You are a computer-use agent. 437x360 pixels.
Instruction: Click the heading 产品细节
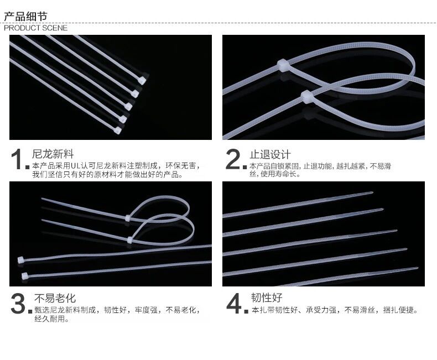pyautogui.click(x=25, y=17)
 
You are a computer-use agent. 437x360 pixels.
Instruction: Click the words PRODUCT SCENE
pyautogui.click(x=35, y=28)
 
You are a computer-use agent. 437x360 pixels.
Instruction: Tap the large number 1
pyautogui.click(x=17, y=159)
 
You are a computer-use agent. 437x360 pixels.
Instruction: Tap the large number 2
pyautogui.click(x=232, y=159)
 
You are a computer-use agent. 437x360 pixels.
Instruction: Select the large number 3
pyautogui.click(x=18, y=303)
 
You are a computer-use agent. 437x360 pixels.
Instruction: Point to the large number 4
pyautogui.click(x=233, y=303)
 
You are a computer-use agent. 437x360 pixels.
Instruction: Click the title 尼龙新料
pyautogui.click(x=53, y=154)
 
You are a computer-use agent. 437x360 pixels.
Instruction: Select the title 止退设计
pyautogui.click(x=270, y=154)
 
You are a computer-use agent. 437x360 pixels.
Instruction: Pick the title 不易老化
pyautogui.click(x=55, y=298)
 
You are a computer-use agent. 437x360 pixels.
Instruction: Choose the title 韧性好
pyautogui.click(x=267, y=298)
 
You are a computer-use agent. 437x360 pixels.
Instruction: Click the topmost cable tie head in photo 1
pyautogui.click(x=142, y=80)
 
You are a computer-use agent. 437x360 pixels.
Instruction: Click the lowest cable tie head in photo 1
pyautogui.click(x=118, y=130)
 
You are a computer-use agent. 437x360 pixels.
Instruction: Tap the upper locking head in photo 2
pyautogui.click(x=282, y=65)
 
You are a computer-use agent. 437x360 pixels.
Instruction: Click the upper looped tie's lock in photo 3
pyautogui.click(x=127, y=218)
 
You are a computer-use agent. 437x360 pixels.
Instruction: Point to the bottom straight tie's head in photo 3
pyautogui.click(x=25, y=276)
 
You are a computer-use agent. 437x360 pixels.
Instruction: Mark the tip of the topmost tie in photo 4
pyautogui.click(x=372, y=192)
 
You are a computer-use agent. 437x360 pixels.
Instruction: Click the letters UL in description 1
pyautogui.click(x=75, y=166)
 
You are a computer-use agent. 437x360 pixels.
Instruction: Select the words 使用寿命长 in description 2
pyautogui.click(x=280, y=174)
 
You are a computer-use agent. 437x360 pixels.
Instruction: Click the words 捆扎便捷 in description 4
pyautogui.click(x=400, y=310)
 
